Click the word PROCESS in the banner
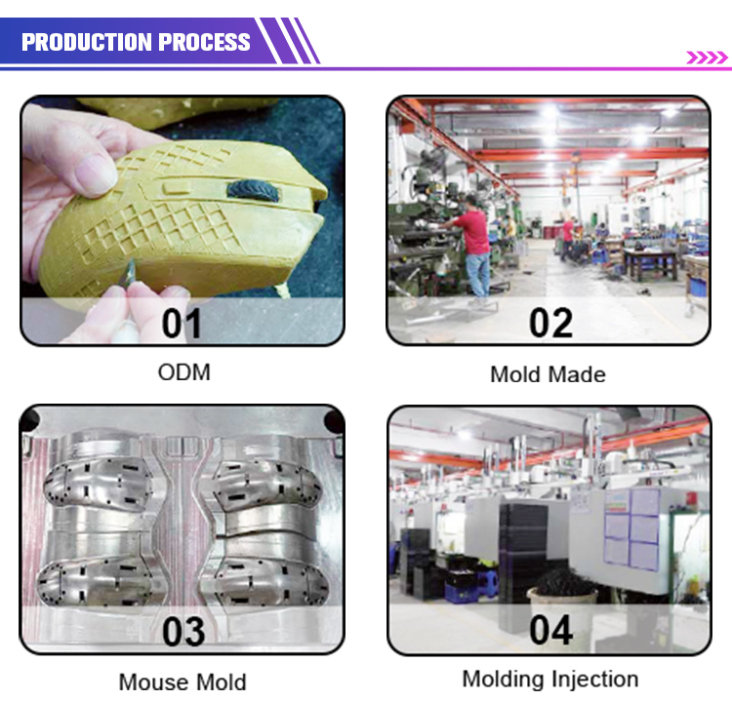(x=205, y=42)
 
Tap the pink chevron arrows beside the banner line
(x=707, y=58)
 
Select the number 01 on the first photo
(x=182, y=324)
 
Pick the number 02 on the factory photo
(x=550, y=324)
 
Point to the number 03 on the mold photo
(x=183, y=632)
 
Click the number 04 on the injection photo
(x=551, y=630)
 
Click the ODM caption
(x=183, y=372)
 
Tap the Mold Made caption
(x=549, y=374)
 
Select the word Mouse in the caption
(x=153, y=682)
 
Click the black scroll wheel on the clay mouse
(x=253, y=191)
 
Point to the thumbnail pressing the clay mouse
(x=95, y=175)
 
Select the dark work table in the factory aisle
(x=651, y=263)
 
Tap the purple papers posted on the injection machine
(x=631, y=528)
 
